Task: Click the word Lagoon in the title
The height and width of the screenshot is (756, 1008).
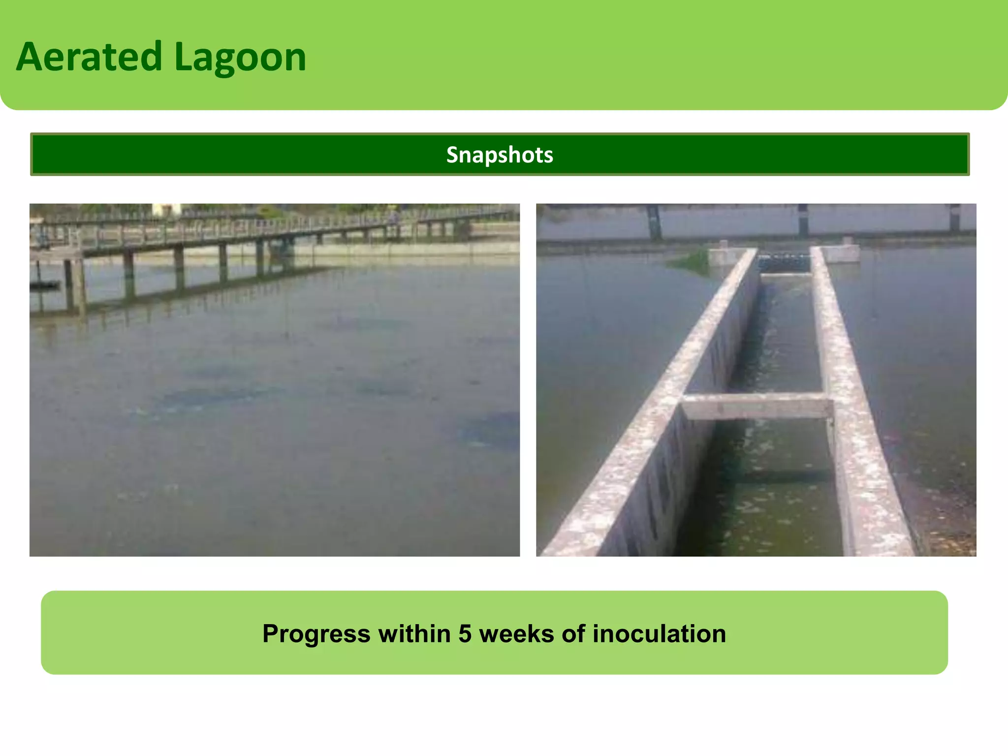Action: pyautogui.click(x=240, y=58)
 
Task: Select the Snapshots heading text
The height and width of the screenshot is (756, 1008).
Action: pyautogui.click(x=500, y=155)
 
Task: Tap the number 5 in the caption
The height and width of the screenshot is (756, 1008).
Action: pyautogui.click(x=465, y=633)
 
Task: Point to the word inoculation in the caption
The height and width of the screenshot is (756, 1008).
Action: pyautogui.click(x=659, y=633)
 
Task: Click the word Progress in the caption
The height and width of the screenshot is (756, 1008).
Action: pyautogui.click(x=316, y=634)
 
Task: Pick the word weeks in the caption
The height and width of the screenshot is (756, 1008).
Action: pyautogui.click(x=516, y=633)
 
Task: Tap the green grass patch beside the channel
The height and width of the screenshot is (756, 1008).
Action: pyautogui.click(x=692, y=261)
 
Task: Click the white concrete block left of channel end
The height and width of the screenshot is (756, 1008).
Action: pyautogui.click(x=724, y=254)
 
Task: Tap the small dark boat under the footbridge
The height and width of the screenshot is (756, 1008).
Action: pyautogui.click(x=44, y=284)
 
